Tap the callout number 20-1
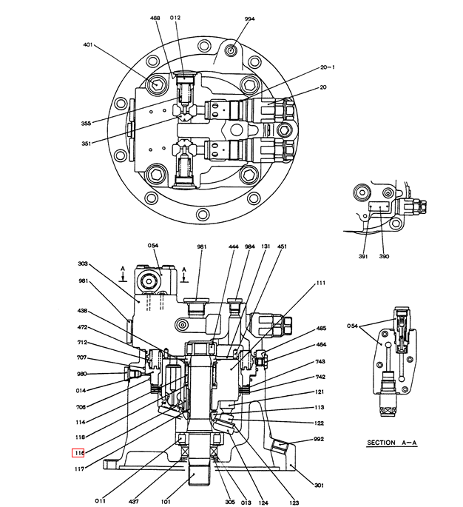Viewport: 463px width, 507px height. (328, 67)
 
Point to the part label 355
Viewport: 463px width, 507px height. (87, 124)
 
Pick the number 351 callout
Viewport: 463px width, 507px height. (87, 144)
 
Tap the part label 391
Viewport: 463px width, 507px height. (363, 256)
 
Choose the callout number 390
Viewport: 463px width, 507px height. (384, 256)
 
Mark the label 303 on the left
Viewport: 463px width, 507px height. (83, 263)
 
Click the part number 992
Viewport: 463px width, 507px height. (319, 439)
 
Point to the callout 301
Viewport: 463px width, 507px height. (319, 486)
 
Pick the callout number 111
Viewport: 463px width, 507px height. (320, 283)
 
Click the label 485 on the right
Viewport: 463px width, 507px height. (321, 328)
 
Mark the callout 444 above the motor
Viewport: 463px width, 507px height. (233, 246)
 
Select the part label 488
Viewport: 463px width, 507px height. (155, 18)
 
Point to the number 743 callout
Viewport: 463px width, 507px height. (321, 361)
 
